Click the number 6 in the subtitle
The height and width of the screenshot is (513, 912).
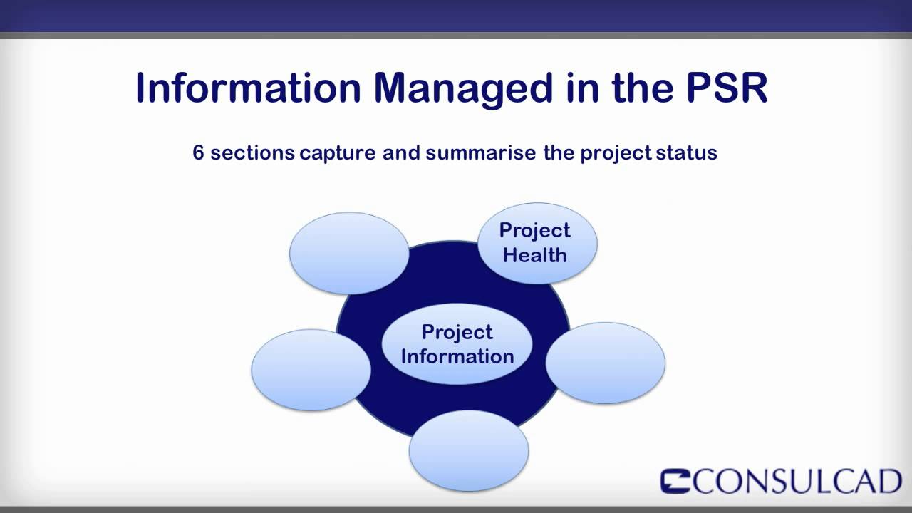198,152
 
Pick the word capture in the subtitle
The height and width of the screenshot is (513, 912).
337,152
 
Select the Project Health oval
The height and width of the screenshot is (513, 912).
537,242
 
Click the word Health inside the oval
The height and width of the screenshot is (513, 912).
534,255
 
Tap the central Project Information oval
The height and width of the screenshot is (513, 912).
457,344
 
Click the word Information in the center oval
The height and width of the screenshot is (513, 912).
457,356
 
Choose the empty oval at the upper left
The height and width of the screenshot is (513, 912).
349,253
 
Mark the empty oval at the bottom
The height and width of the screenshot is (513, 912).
469,450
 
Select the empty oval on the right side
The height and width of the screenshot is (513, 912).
605,363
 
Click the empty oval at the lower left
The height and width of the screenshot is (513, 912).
311,370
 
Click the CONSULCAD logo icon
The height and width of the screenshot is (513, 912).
675,481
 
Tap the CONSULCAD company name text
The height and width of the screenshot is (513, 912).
797,482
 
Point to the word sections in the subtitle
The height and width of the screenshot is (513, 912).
252,152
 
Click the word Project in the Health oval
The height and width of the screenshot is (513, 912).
534,230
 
